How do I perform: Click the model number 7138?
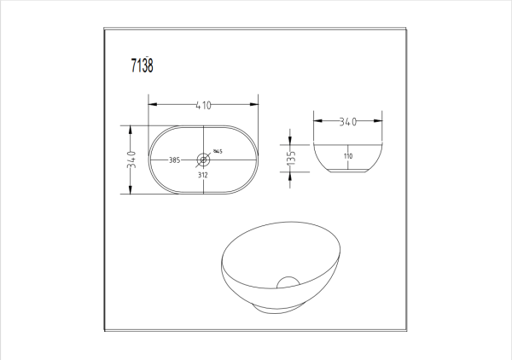pos(142,67)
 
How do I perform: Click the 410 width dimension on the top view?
pos(203,105)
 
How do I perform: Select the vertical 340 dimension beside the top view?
pos(131,160)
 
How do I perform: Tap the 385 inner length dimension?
pos(173,160)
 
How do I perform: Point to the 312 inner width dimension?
pos(203,175)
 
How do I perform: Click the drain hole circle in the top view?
pos(203,159)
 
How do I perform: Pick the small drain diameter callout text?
pos(218,153)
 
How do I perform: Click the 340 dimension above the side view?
pos(347,122)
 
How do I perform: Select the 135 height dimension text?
pos(291,158)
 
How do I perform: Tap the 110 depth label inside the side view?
pos(348,157)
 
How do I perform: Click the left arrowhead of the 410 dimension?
pos(151,105)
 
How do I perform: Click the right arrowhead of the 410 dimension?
pos(255,105)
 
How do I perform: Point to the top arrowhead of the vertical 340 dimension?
pos(131,128)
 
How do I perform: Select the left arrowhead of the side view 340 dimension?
pos(316,122)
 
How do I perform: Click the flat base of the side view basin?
pos(347,175)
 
